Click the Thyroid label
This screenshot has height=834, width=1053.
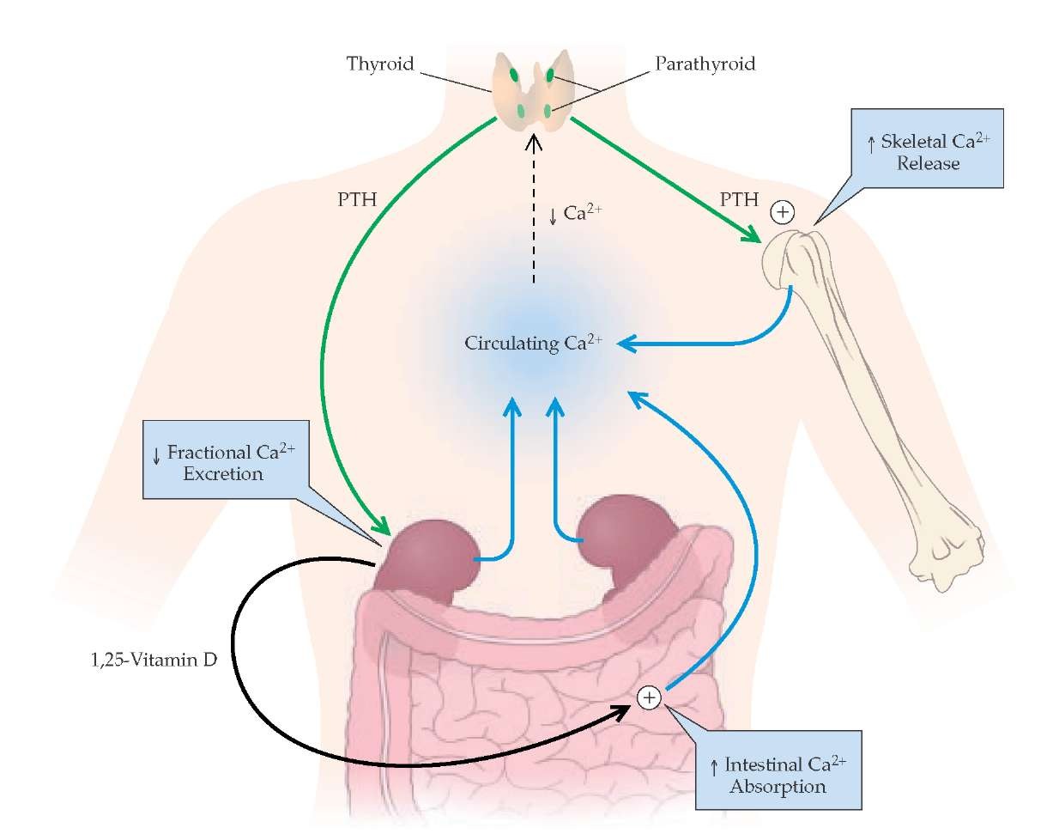[380, 64]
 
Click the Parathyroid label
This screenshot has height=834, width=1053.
[705, 64]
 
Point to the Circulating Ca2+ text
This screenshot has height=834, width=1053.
[533, 344]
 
